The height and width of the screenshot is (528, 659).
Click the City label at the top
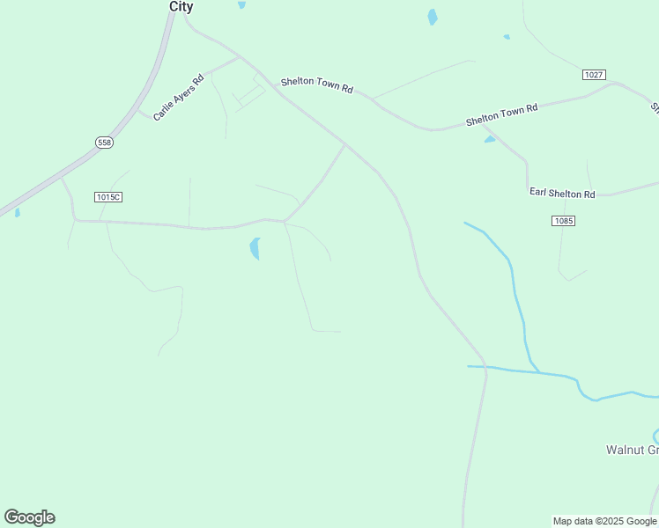coord(181,6)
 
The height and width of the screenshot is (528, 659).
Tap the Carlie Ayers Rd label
coord(178,97)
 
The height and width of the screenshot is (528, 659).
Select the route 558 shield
coord(105,142)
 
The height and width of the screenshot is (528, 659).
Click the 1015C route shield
coord(107,196)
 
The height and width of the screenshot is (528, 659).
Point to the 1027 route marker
coord(594,75)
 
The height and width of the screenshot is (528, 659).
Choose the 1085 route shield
coord(564,220)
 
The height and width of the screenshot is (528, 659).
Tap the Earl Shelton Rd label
coord(562,193)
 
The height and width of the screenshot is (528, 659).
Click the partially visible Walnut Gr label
coord(632,450)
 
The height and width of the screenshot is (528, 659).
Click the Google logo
coord(29,517)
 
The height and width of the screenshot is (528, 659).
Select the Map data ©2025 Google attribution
coord(604,521)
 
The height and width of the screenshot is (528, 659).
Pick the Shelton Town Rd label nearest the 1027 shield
coord(501,114)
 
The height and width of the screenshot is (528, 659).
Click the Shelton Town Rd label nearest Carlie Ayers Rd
coord(316,85)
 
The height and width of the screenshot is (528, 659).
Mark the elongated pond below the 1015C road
coord(255,248)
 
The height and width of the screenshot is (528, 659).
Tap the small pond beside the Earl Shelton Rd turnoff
coord(489,139)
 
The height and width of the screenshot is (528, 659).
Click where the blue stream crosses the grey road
coord(485,366)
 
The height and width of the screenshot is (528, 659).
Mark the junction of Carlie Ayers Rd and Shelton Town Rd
coord(240,58)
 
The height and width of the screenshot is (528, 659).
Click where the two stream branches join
coord(537,370)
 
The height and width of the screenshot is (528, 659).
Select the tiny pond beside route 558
coord(17,212)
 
